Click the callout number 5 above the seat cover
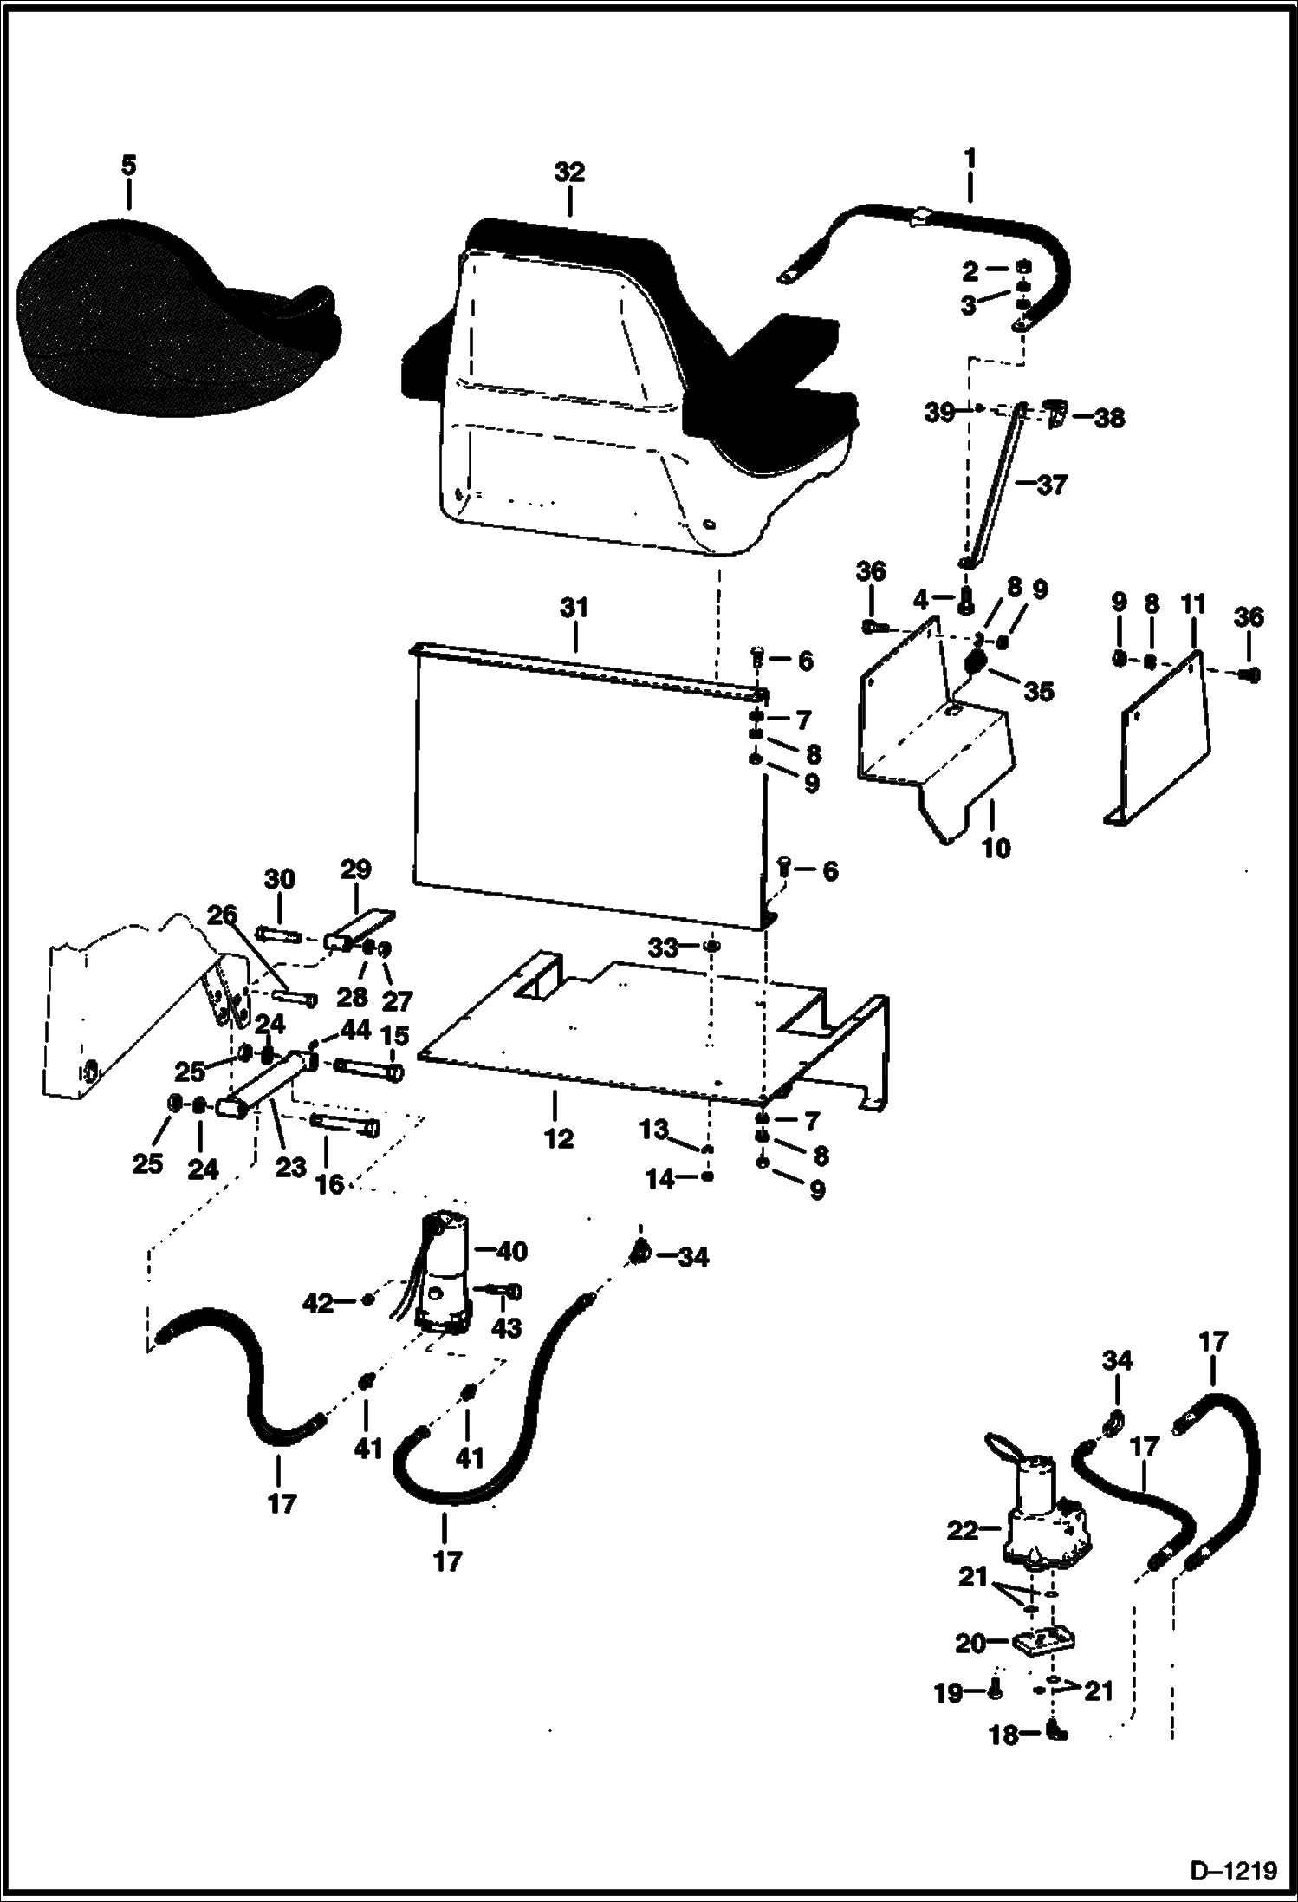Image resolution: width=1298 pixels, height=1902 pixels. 128,166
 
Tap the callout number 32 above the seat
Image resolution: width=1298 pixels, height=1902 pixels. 569,172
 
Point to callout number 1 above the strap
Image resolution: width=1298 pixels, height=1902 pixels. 970,159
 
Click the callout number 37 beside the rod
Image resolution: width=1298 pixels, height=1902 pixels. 1052,485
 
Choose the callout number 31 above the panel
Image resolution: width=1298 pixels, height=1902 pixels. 574,608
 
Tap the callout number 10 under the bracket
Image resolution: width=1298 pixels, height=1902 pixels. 996,848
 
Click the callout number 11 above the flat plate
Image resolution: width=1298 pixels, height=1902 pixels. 1193,604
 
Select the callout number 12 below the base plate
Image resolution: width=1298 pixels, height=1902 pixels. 559,1138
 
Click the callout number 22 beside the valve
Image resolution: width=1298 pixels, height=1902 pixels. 962,1531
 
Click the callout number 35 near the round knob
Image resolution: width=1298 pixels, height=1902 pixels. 1039,691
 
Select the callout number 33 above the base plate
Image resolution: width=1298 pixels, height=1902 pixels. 663,948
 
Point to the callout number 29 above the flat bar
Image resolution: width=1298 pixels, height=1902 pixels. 355,869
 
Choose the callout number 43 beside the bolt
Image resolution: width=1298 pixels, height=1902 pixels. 506,1327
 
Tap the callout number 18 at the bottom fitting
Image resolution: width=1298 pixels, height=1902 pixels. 1004,1736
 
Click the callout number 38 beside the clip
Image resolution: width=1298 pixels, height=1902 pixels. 1109,418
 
